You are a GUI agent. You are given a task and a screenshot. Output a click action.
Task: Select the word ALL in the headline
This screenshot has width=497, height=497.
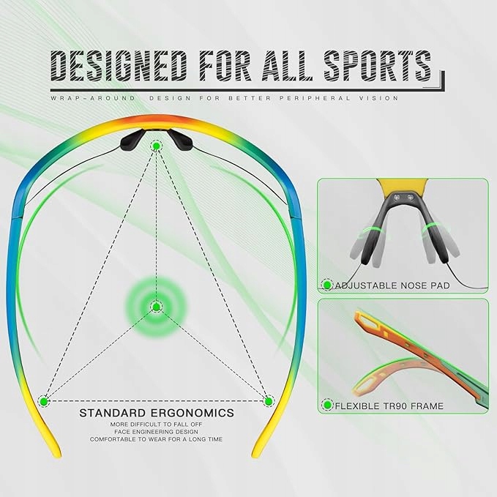[296, 67]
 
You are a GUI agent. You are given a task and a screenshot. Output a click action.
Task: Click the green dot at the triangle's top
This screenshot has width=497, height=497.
[156, 146]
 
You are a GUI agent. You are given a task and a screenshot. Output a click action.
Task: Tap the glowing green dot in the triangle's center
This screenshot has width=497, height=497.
[156, 306]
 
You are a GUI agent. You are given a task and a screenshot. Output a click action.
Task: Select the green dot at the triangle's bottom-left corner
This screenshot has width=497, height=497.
[44, 401]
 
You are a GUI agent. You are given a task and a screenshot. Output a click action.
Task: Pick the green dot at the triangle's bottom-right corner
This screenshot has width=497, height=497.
[269, 401]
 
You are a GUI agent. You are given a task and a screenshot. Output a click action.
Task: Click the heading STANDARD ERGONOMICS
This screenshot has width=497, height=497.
[157, 414]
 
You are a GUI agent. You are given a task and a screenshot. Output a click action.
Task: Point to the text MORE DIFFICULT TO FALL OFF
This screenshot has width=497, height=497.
[157, 424]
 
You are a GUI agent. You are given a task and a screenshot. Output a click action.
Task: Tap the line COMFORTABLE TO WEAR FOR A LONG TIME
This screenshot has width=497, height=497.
[157, 439]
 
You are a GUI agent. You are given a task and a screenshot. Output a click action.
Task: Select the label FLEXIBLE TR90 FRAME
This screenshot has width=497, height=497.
[389, 406]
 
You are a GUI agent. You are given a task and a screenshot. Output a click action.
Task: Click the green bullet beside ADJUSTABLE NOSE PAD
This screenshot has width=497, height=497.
[326, 285]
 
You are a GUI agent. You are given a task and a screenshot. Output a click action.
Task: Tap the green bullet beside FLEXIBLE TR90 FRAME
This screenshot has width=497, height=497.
[326, 406]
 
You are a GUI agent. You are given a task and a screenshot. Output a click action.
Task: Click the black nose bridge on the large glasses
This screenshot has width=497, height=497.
[156, 136]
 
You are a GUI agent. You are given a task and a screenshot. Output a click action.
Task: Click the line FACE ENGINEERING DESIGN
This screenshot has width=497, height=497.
[157, 432]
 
